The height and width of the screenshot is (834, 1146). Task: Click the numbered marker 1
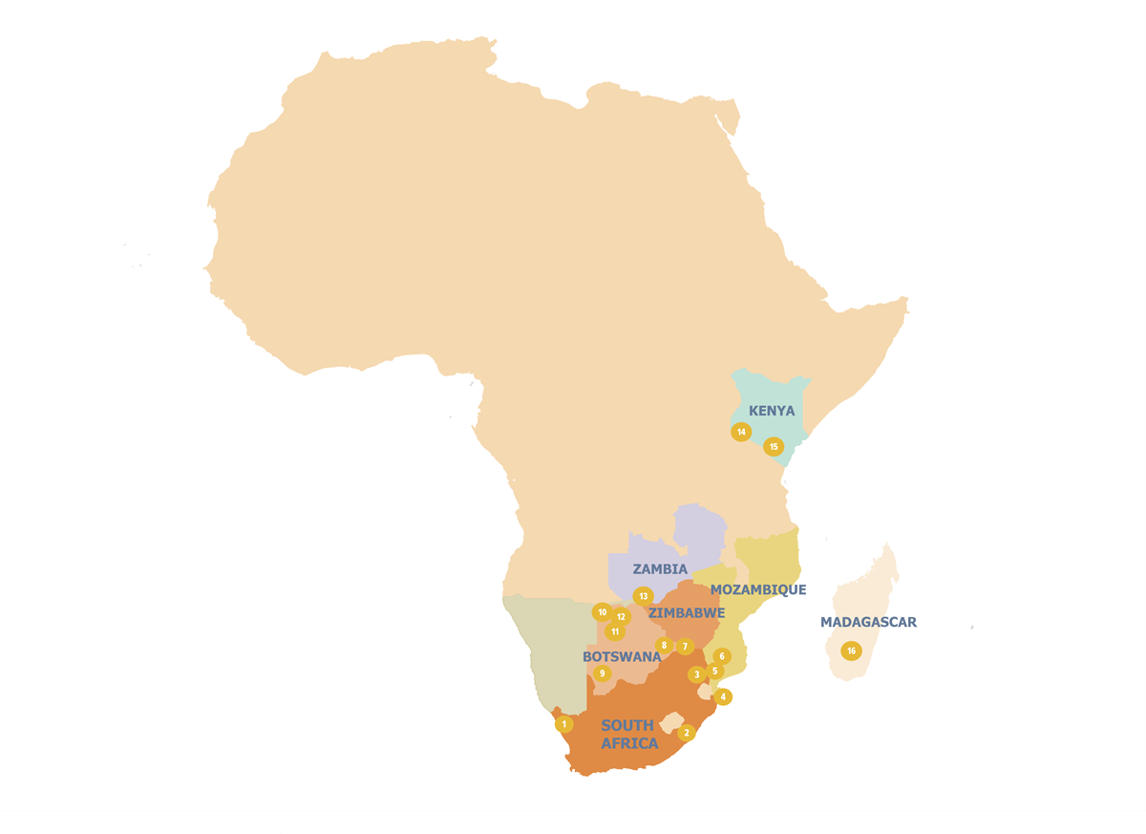pyautogui.click(x=564, y=724)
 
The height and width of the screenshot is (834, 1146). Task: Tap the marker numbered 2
pyautogui.click(x=686, y=733)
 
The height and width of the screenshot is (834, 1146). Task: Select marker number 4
pyautogui.click(x=723, y=696)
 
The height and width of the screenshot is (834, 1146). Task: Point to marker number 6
pyautogui.click(x=722, y=656)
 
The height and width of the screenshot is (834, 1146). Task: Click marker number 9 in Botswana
pyautogui.click(x=602, y=674)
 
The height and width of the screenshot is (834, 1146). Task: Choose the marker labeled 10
pyautogui.click(x=602, y=612)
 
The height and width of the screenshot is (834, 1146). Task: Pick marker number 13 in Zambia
pyautogui.click(x=643, y=596)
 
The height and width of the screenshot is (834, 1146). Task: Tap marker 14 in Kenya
pyautogui.click(x=741, y=432)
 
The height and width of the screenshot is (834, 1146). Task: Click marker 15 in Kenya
pyautogui.click(x=774, y=446)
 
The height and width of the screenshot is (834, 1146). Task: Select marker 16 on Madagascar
pyautogui.click(x=851, y=651)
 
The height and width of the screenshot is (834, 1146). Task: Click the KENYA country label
pyautogui.click(x=772, y=411)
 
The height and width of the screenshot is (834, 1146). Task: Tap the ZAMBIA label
pyautogui.click(x=660, y=569)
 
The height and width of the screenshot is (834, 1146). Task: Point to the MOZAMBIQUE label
pyautogui.click(x=758, y=589)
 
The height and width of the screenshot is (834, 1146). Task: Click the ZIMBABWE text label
pyautogui.click(x=687, y=613)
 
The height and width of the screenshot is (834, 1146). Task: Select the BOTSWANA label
pyautogui.click(x=622, y=657)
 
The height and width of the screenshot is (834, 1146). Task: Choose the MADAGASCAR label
pyautogui.click(x=868, y=622)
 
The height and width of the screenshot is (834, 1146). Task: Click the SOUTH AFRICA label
pyautogui.click(x=628, y=734)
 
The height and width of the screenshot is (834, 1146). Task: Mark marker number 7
pyautogui.click(x=685, y=646)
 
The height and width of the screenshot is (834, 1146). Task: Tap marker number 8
pyautogui.click(x=664, y=645)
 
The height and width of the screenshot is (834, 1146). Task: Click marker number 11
pyautogui.click(x=615, y=631)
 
